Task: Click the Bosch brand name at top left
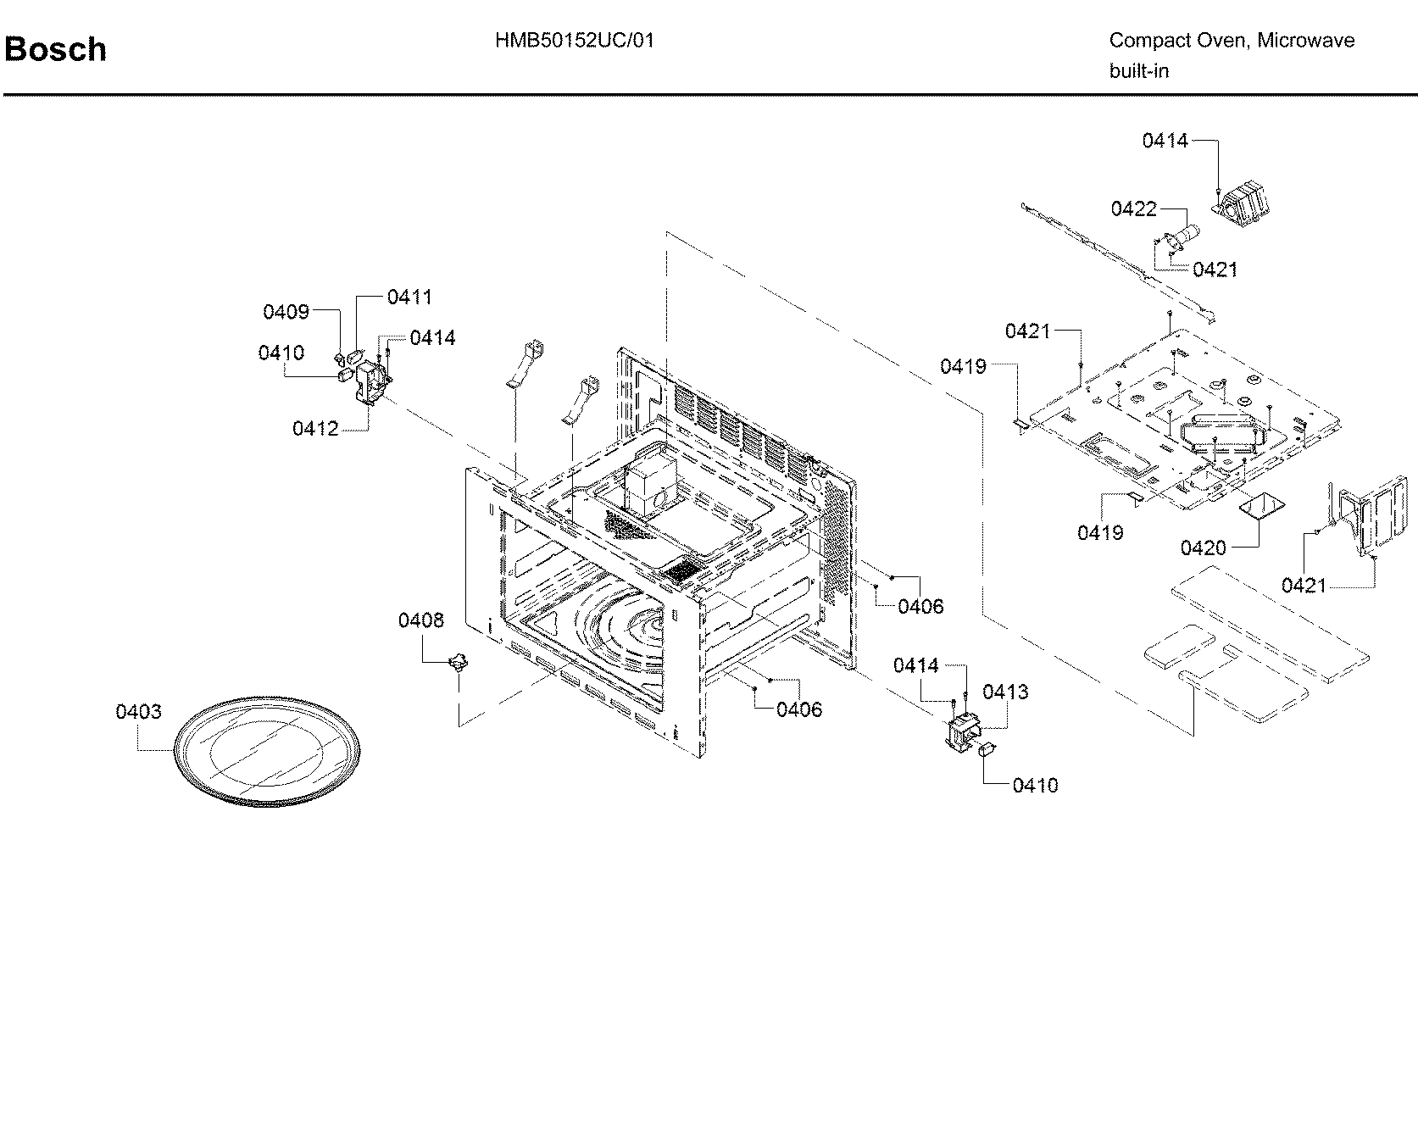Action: point(56,50)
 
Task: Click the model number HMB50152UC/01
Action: point(575,41)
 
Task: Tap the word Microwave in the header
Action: point(1305,41)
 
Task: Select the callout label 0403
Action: point(138,712)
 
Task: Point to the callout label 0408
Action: point(420,620)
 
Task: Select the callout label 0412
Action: point(315,429)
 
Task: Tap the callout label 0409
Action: point(286,312)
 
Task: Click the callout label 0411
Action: point(409,297)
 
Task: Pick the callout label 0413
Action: point(1005,692)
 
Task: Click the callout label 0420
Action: point(1203,548)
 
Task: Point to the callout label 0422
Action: point(1133,208)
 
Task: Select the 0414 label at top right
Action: point(1165,141)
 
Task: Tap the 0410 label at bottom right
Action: point(1035,786)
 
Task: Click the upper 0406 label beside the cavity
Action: point(920,606)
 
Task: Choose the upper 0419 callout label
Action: point(963,366)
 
